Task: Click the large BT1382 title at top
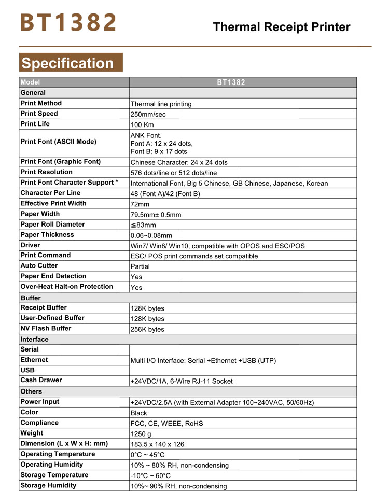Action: coord(68,23)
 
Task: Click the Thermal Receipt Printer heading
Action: coord(282,27)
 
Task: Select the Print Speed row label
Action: coord(39,114)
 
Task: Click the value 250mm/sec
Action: coord(148,114)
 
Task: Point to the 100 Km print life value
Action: coord(142,124)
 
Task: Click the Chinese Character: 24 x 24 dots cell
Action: coord(179,162)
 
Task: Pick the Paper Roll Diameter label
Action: coord(52,224)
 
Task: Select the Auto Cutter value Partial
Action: coord(140,266)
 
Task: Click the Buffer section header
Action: coord(31,298)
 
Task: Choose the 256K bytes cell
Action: coord(147,329)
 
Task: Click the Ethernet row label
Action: coord(34,360)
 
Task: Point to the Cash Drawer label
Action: coord(41,380)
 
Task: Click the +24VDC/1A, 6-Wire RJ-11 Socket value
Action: coord(182,381)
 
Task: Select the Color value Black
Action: coord(139,413)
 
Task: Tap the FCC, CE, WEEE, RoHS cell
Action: coord(167,424)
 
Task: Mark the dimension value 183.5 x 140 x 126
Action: coord(158,444)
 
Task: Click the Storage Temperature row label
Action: coord(54,475)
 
